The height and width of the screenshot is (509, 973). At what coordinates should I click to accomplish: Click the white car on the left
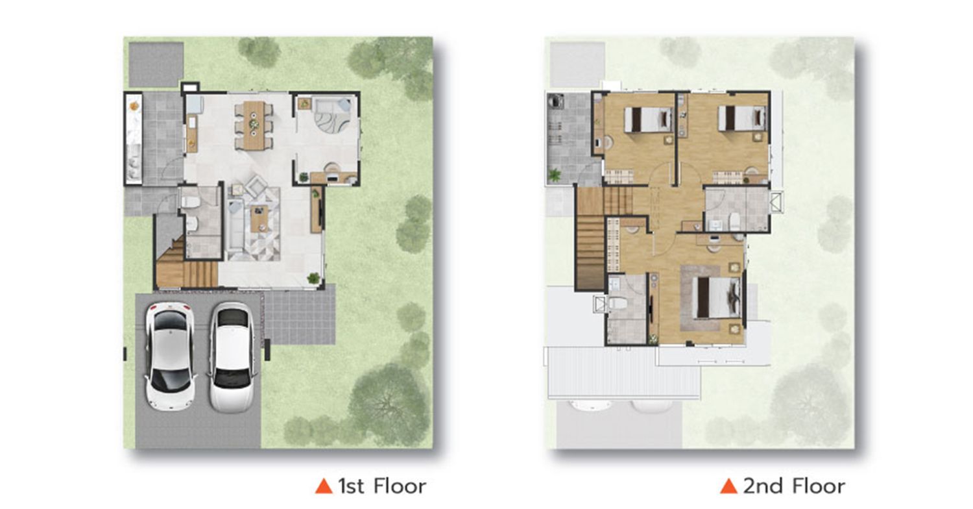pos(170,356)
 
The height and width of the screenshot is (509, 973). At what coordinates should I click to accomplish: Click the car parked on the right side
pos(232,356)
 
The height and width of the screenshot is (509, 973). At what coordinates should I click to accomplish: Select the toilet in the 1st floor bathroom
pos(191,201)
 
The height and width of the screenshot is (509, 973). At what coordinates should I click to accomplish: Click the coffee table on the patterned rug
pos(259,218)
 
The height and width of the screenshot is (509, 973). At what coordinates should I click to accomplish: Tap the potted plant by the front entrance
pos(313,278)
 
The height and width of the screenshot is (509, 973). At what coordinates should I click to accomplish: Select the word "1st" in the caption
pos(351,486)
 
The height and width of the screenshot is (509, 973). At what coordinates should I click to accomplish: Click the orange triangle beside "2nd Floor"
pos(728,486)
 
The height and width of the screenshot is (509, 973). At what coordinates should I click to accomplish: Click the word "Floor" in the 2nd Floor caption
pos(819,486)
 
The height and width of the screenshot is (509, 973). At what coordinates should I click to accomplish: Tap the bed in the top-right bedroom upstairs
pos(742,118)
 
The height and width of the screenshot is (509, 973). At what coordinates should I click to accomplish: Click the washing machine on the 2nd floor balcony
pos(555,102)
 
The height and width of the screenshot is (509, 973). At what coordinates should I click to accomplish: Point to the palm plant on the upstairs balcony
pos(554,175)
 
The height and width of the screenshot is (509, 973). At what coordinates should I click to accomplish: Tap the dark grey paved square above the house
pos(156,64)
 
